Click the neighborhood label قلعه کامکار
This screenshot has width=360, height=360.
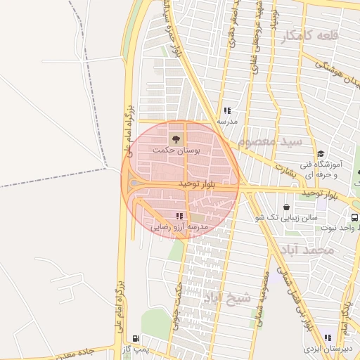click(x=310, y=36)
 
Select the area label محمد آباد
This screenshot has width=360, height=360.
click(x=306, y=250)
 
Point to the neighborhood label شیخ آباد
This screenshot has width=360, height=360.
click(x=226, y=297)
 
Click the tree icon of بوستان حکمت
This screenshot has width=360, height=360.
click(x=175, y=138)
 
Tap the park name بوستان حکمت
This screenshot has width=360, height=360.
click(x=176, y=150)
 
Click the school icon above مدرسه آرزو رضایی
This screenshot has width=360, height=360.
click(x=179, y=216)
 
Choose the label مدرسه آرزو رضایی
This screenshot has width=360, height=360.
click(x=180, y=228)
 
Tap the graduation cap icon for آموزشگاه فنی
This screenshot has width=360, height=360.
click(x=321, y=155)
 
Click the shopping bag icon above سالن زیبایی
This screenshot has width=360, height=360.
click(x=287, y=207)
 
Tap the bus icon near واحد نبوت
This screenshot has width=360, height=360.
click(x=354, y=217)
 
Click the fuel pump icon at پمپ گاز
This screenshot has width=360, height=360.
click(x=135, y=337)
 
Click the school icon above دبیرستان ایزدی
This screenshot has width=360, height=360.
click(x=328, y=337)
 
